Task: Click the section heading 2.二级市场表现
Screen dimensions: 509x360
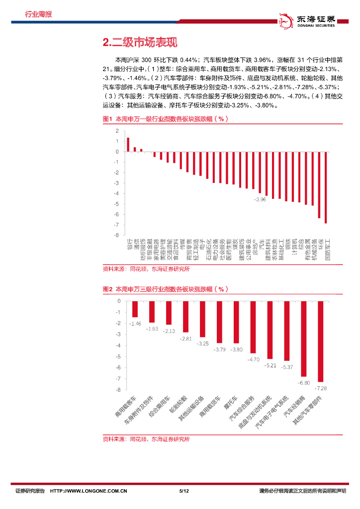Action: tap(139, 43)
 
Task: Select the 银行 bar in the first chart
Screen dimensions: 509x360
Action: tap(128, 145)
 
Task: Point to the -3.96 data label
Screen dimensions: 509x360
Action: tap(260, 199)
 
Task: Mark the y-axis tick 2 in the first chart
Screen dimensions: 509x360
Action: tap(117, 131)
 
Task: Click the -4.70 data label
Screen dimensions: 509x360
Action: tap(254, 359)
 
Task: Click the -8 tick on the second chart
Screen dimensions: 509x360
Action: tap(118, 390)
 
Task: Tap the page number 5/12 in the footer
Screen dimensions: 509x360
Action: tap(183, 491)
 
